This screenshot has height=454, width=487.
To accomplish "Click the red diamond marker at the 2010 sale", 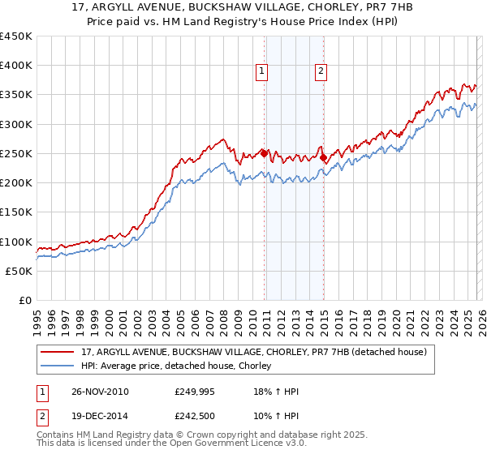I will tap(265, 152).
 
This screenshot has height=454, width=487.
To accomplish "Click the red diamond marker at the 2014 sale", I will tap(323, 157).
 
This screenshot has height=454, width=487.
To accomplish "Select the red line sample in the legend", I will tap(58, 352).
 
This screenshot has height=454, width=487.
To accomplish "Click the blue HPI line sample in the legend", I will tap(58, 366).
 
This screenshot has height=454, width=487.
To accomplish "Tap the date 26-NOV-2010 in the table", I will tap(94, 392).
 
